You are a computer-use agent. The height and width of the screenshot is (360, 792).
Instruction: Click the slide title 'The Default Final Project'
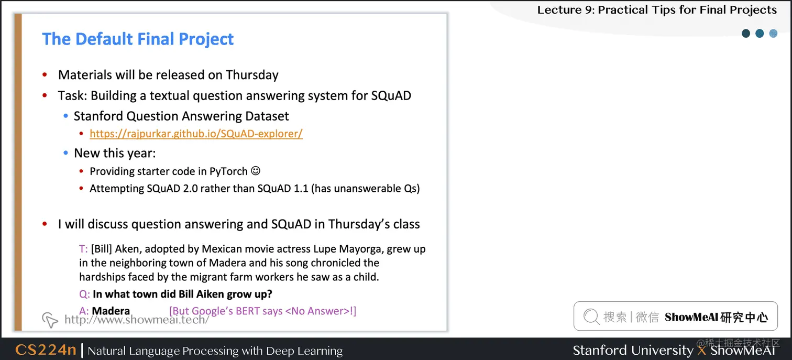click(138, 39)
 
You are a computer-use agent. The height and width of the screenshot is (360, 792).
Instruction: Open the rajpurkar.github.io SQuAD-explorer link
click(196, 134)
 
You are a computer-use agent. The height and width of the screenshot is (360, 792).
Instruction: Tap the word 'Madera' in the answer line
click(111, 311)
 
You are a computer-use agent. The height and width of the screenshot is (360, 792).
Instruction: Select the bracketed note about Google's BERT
click(262, 311)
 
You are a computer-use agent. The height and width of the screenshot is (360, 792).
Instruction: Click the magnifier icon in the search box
click(591, 316)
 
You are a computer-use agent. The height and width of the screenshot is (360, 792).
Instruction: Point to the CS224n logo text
click(46, 350)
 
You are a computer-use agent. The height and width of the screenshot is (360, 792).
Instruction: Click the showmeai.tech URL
click(137, 319)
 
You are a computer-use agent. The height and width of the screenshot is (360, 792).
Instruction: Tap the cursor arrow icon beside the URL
click(50, 319)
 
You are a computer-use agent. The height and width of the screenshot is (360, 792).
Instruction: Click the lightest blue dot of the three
click(773, 34)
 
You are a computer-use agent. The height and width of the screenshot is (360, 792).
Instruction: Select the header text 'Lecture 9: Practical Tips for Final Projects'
click(657, 9)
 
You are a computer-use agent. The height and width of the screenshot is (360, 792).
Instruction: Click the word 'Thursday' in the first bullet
click(252, 75)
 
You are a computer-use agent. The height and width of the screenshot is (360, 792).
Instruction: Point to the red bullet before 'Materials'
click(46, 75)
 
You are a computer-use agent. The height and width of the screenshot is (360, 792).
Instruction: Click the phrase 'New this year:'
click(115, 153)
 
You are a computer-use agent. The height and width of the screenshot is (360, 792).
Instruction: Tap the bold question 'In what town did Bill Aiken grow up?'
click(182, 293)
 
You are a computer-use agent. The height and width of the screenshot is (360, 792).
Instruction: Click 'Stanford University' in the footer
click(633, 350)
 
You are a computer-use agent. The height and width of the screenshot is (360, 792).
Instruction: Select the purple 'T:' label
click(83, 249)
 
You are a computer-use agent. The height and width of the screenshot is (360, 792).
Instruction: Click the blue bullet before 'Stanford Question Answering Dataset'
click(65, 116)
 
